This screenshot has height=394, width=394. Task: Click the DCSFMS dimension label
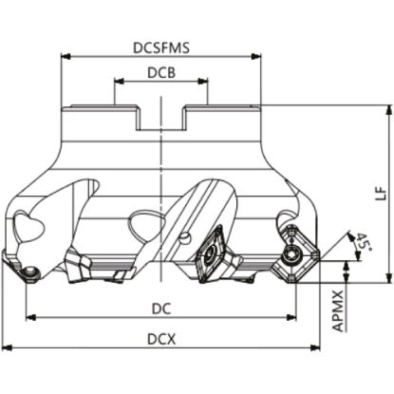[161, 47]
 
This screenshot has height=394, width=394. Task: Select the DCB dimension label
[161, 73]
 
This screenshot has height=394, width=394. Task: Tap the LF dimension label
[381, 194]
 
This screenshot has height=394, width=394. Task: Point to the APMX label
[338, 310]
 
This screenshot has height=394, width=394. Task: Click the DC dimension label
[161, 309]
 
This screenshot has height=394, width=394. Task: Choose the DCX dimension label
[161, 340]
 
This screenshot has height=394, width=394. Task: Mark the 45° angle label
[363, 242]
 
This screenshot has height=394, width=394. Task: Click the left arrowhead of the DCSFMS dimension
[65, 57]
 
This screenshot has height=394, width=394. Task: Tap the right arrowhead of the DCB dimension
[203, 82]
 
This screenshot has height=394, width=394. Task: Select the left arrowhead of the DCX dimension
[8, 347]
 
